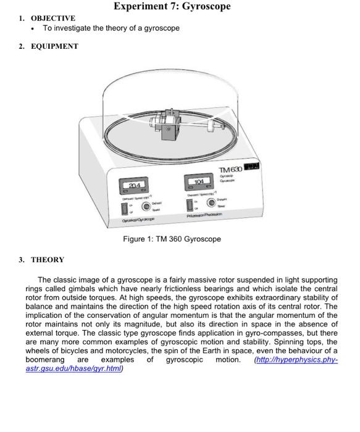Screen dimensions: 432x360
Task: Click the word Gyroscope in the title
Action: [x=202, y=6]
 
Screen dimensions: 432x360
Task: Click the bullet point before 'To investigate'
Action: [x=31, y=29]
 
